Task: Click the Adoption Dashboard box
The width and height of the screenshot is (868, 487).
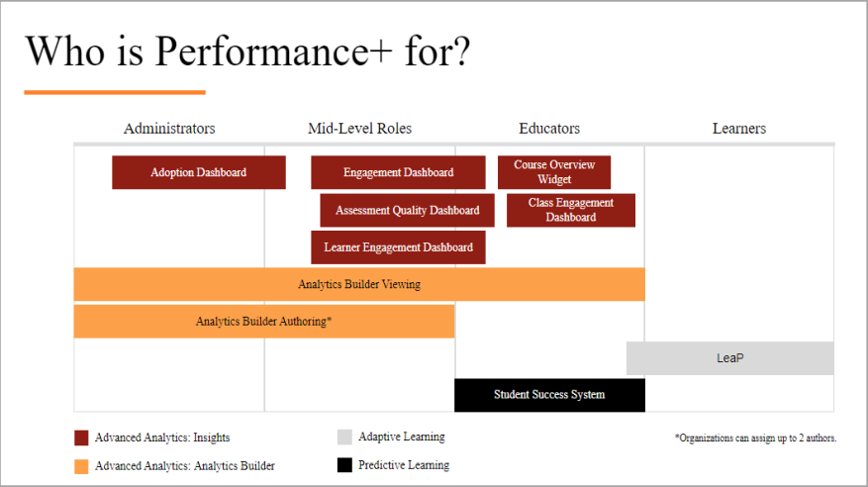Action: pos(198,172)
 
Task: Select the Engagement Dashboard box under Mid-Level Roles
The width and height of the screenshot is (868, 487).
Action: pos(398,172)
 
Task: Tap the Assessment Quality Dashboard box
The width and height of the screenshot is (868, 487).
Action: pos(407,210)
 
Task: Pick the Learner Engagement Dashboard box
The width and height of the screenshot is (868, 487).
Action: pos(398,247)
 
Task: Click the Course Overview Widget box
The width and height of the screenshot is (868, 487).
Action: pos(554,172)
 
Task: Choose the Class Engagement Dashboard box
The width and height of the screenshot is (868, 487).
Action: pos(570,210)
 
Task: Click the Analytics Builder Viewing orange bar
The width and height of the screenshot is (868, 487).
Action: pos(359,285)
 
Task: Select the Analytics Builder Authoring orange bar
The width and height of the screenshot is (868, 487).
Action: pos(263,322)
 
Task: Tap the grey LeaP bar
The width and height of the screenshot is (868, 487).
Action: pos(729,358)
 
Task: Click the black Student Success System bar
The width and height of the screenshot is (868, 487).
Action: pos(549,395)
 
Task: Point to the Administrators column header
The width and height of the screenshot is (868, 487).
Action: pos(169,129)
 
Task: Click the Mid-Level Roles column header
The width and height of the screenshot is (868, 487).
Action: pos(359,129)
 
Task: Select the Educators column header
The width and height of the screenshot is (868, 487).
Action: pos(549,129)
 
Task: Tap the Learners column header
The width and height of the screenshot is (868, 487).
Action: pos(739,129)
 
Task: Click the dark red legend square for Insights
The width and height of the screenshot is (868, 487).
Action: pos(82,438)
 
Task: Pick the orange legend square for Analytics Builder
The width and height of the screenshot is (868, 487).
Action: pos(82,465)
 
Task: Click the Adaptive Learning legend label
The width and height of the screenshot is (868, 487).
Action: pos(401,437)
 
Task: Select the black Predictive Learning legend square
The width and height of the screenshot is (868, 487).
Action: pos(344,465)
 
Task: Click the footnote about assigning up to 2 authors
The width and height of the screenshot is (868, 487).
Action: pos(755,438)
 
